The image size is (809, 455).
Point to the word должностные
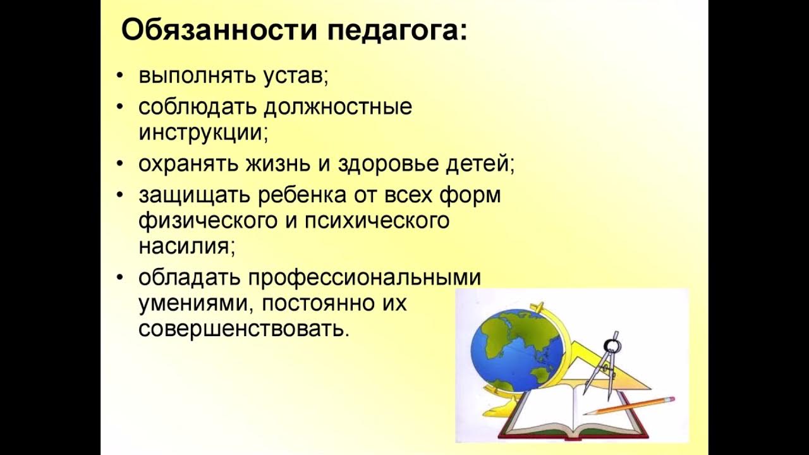pyautogui.click(x=338, y=107)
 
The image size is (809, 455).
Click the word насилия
pyautogui.click(x=186, y=246)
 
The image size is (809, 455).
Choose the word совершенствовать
pyautogui.click(x=243, y=329)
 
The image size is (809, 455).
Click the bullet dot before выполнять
pyautogui.click(x=120, y=77)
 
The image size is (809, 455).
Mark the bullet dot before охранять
pyautogui.click(x=120, y=164)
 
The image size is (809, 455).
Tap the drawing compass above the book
pyautogui.click(x=604, y=365)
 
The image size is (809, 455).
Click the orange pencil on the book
pyautogui.click(x=629, y=406)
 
